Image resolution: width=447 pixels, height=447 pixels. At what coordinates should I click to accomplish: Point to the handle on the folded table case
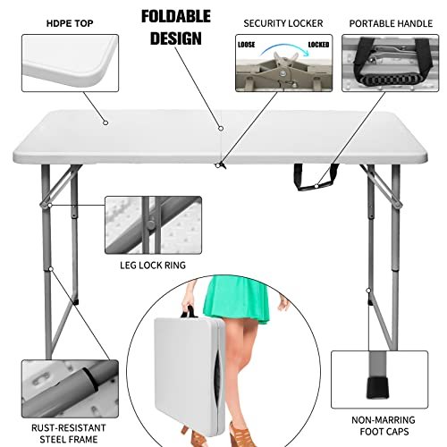click(x=190, y=313)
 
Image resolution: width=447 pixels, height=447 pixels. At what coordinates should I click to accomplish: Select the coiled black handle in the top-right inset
click(x=394, y=78)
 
